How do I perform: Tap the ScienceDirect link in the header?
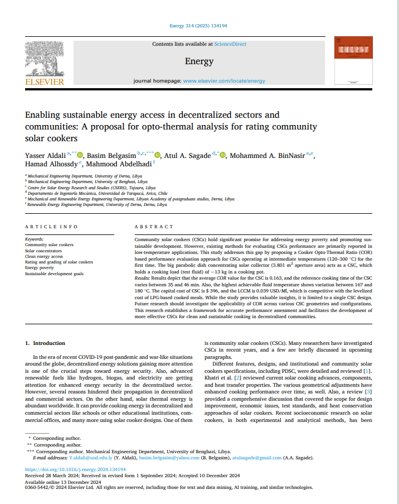[x=230, y=44]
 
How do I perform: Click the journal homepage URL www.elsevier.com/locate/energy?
[x=225, y=81]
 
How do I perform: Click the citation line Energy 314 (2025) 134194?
[x=199, y=26]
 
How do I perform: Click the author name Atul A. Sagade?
[x=186, y=155]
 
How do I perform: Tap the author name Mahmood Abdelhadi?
[x=119, y=164]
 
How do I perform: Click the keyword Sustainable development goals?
[x=54, y=274]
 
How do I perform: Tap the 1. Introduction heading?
[x=45, y=343]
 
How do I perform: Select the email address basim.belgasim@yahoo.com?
[x=170, y=458]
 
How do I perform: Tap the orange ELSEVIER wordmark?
[x=45, y=81]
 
